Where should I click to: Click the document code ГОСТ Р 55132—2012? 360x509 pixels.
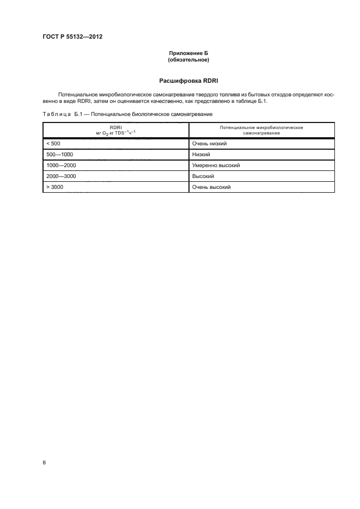[72, 36]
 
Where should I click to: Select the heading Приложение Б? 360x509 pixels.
[188, 53]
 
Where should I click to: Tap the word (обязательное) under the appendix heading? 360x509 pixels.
[188, 59]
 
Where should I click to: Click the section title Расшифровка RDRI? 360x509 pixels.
[188, 81]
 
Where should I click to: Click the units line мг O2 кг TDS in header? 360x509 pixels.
[115, 133]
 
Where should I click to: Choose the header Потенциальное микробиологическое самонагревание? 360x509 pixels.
[261, 130]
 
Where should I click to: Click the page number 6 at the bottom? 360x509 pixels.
[44, 462]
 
